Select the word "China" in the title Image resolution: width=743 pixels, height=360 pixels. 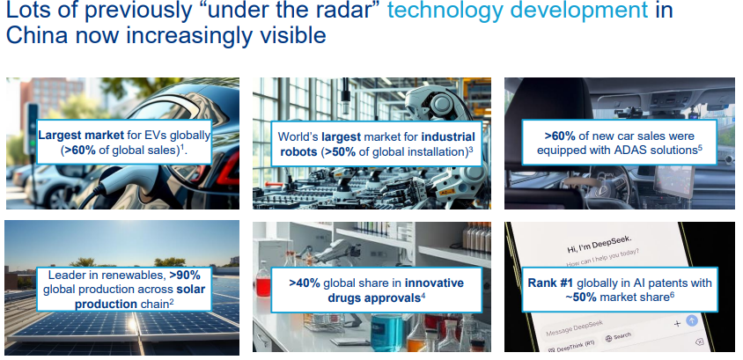(x=36, y=35)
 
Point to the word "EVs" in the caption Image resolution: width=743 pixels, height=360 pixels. (x=151, y=135)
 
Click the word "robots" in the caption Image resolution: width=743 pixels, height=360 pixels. (x=298, y=152)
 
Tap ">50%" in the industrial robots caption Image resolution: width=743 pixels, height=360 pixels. (x=339, y=152)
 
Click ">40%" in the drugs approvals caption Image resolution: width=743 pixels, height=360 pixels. (x=305, y=283)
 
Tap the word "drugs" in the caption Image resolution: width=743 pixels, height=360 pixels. (x=343, y=298)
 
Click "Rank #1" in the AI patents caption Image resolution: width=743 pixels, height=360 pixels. (x=550, y=283)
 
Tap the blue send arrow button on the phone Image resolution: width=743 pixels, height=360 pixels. (x=692, y=320)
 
